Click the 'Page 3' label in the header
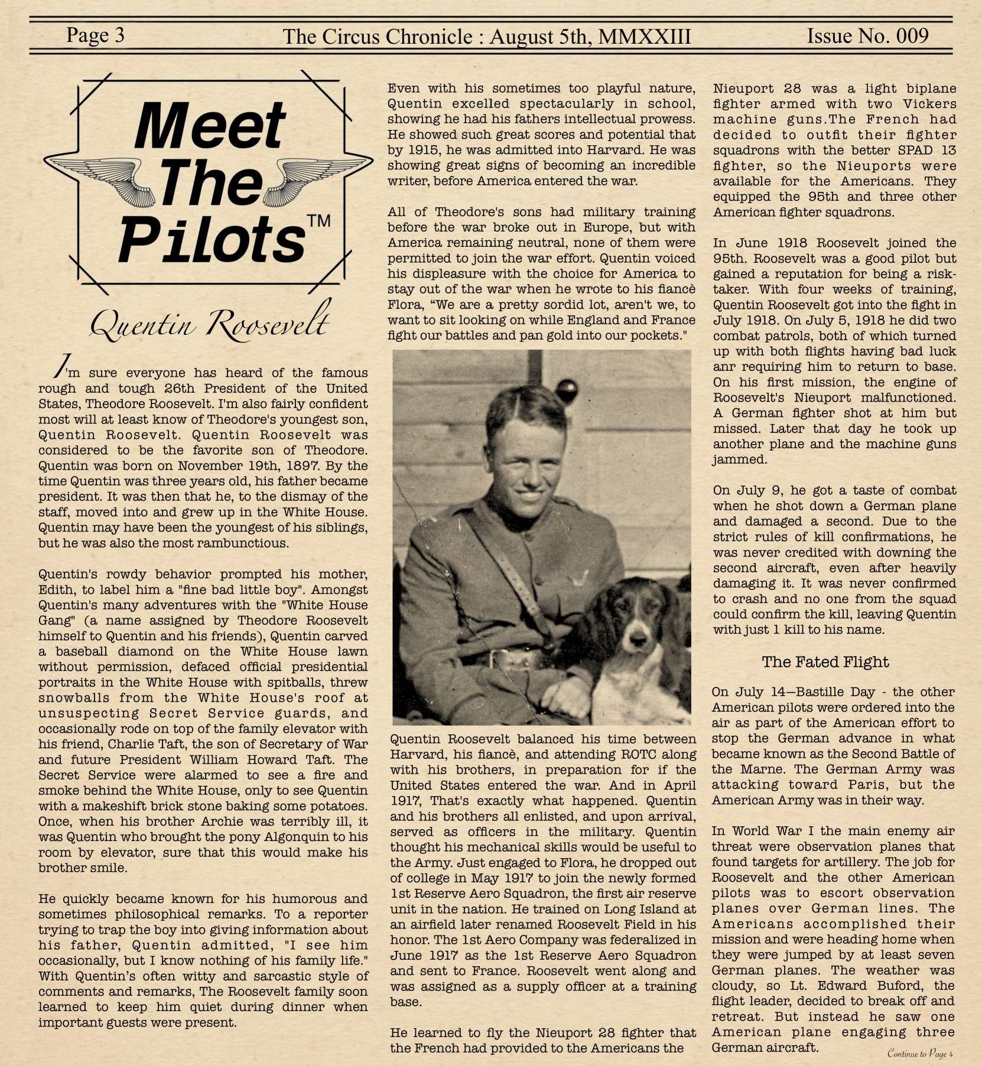95,35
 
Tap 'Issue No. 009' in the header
867,36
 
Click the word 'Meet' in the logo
210,126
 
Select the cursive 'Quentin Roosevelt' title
210,322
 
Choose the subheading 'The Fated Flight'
825,662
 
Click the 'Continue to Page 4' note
921,1054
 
